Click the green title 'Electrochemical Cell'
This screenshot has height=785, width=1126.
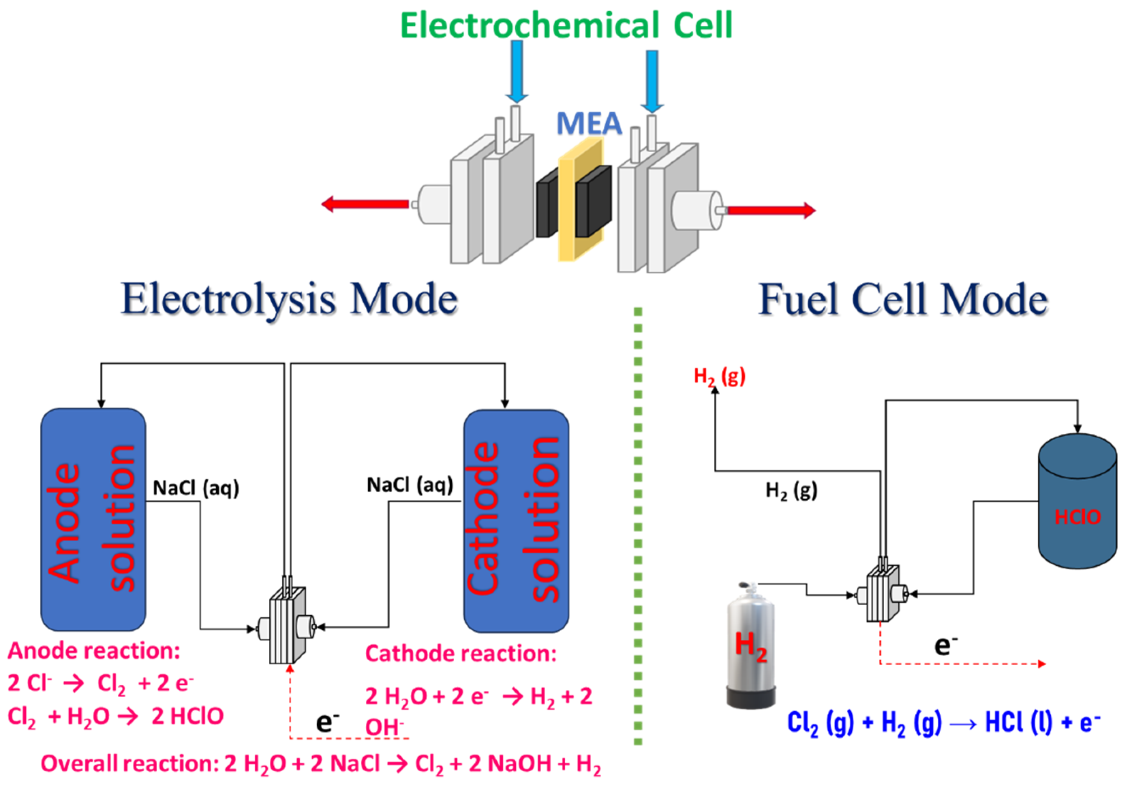(x=567, y=25)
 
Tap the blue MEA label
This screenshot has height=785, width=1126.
(x=589, y=123)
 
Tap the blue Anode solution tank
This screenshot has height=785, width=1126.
(x=93, y=519)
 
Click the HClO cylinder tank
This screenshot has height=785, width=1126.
(x=1078, y=505)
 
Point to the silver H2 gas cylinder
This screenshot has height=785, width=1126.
(x=750, y=647)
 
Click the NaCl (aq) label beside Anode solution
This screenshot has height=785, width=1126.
(x=196, y=488)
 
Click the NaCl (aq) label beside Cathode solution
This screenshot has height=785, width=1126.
(x=410, y=485)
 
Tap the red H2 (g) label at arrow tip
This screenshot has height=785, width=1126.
(x=719, y=377)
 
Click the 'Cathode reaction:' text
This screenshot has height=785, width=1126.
(x=461, y=654)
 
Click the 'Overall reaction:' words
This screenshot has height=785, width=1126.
(x=130, y=764)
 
